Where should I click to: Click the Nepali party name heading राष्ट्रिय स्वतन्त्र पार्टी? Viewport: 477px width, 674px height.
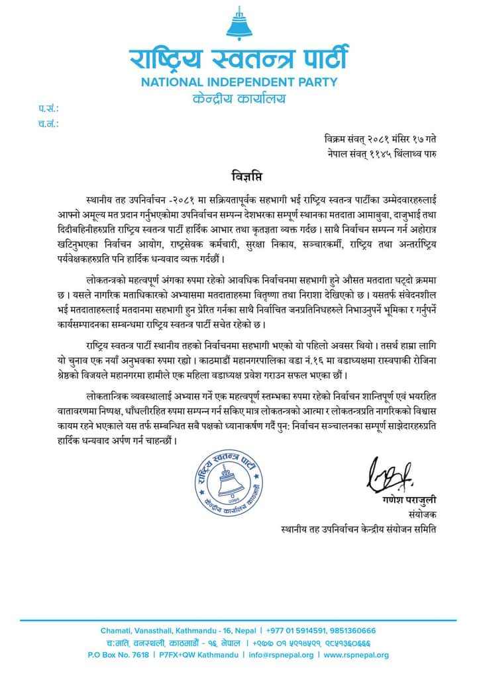click(x=238, y=58)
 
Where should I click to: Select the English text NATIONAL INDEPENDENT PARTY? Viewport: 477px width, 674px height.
click(x=238, y=83)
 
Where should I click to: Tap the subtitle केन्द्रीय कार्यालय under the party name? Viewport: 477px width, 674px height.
click(x=238, y=99)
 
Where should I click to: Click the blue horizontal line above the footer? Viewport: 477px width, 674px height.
click(x=238, y=620)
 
